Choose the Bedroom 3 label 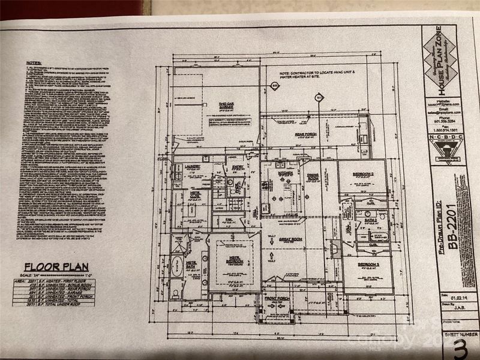pyautogui.click(x=368, y=265)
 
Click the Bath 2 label pyautogui.click(x=370, y=220)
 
